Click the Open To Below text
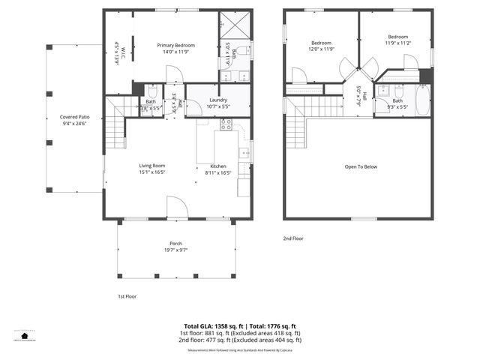(360, 166)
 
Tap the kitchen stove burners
(226, 124)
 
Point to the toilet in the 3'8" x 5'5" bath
(151, 91)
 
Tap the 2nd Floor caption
(292, 238)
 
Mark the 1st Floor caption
(127, 296)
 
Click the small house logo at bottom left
(24, 335)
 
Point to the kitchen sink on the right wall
(244, 153)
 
